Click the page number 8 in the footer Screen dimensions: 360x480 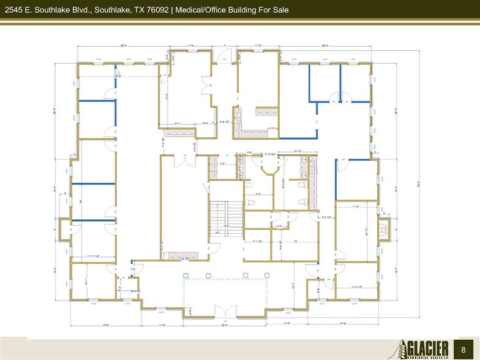(x=463, y=348)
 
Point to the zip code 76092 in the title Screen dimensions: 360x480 (x=154, y=10)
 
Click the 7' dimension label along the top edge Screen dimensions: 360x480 (x=225, y=45)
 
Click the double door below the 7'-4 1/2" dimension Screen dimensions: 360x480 (x=182, y=160)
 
